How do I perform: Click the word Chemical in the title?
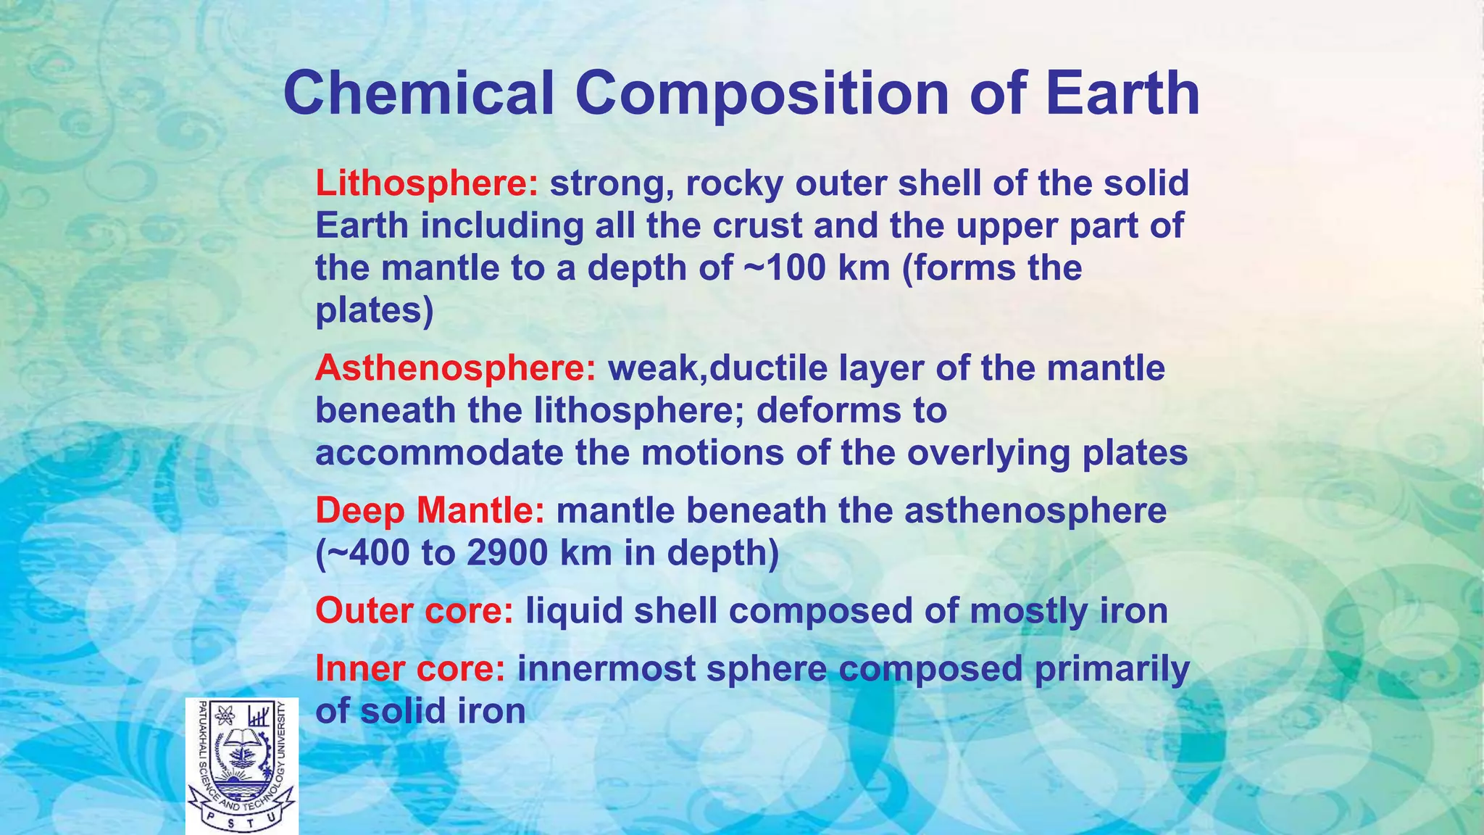(x=418, y=94)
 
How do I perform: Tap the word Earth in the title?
(x=1122, y=94)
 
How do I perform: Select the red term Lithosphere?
(x=426, y=183)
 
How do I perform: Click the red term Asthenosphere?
(x=455, y=368)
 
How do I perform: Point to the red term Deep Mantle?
(x=429, y=511)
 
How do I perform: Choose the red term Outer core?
(x=414, y=611)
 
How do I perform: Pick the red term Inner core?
(x=409, y=669)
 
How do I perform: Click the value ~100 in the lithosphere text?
(x=784, y=269)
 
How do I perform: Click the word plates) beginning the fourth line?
(x=374, y=311)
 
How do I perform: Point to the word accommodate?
(x=439, y=454)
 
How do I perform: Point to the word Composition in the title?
(x=762, y=94)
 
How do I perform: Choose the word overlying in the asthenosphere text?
(x=988, y=454)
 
